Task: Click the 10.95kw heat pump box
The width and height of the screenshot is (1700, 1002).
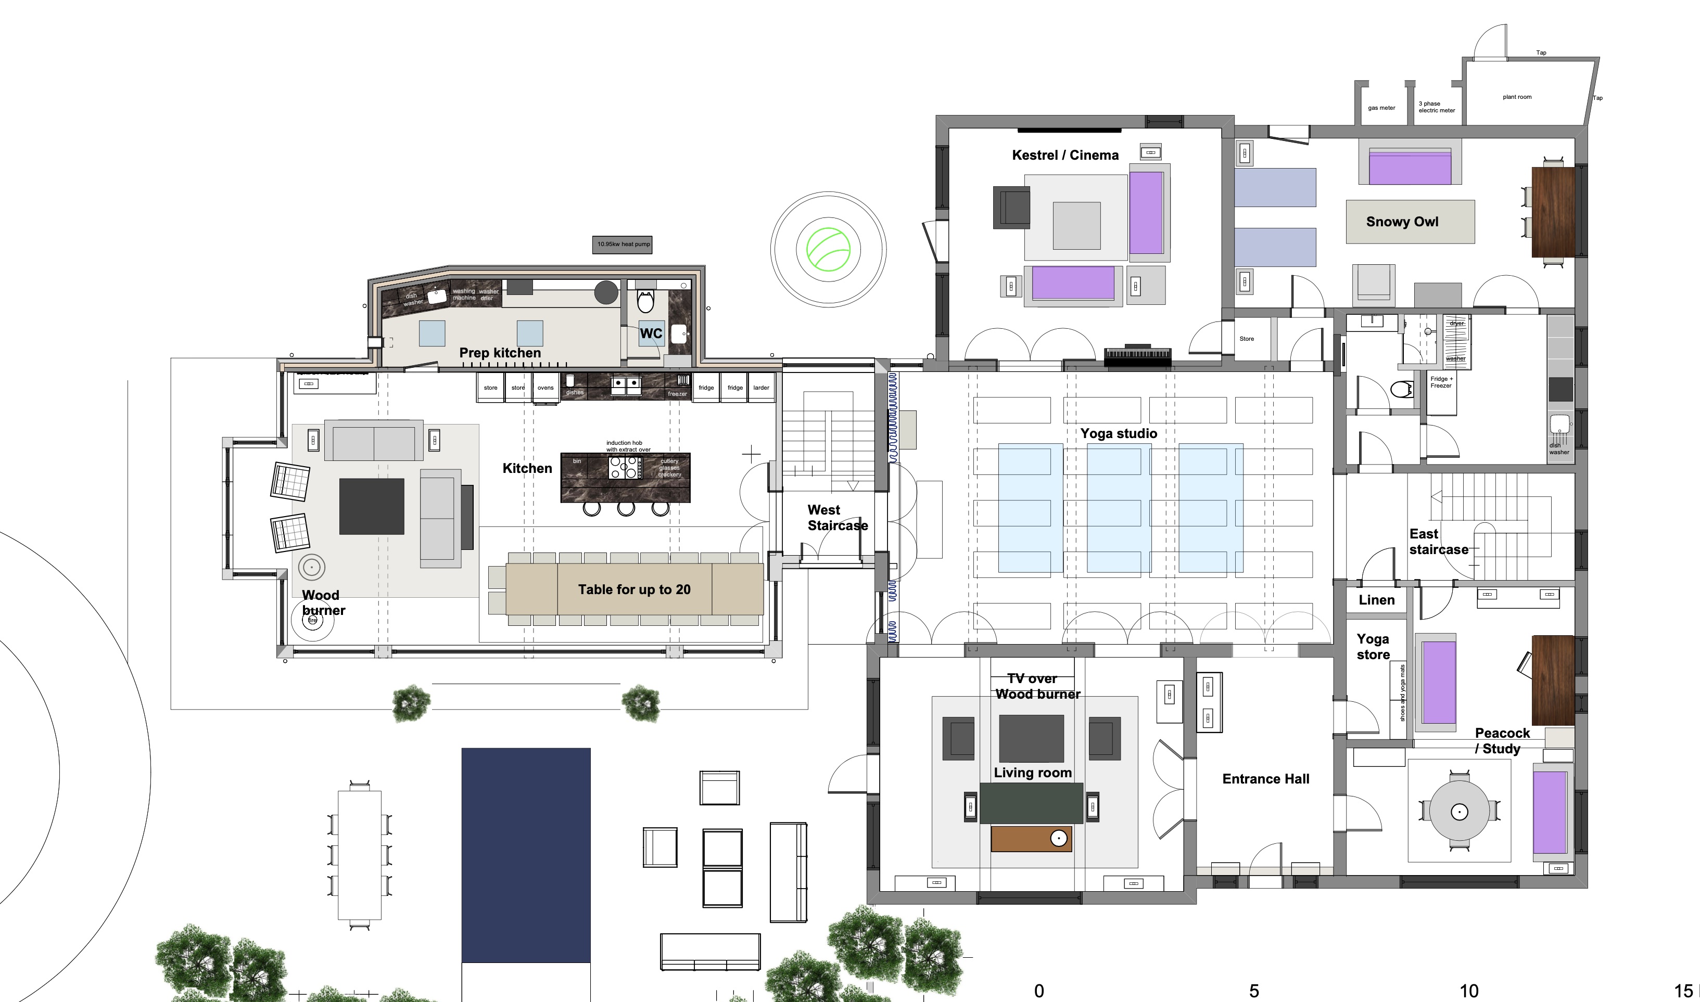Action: click(x=622, y=245)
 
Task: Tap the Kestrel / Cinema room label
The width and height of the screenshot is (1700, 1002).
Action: click(x=1064, y=156)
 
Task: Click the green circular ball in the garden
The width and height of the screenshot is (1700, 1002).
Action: click(x=828, y=249)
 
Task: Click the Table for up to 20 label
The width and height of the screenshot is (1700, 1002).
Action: click(x=633, y=589)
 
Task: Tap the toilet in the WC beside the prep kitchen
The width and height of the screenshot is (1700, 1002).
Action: click(x=645, y=302)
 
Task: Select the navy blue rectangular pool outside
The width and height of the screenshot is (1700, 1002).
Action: click(x=526, y=854)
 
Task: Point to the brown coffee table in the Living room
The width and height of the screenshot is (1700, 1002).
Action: click(x=1031, y=839)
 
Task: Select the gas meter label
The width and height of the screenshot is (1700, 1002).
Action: click(x=1381, y=108)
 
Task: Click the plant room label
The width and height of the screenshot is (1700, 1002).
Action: click(x=1516, y=97)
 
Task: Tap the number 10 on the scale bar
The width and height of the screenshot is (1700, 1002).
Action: click(x=1468, y=991)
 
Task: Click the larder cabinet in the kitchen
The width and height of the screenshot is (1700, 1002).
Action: click(x=760, y=388)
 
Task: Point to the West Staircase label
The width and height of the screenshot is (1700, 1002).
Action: click(x=837, y=518)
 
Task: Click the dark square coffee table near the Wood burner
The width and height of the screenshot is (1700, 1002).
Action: click(x=372, y=506)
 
